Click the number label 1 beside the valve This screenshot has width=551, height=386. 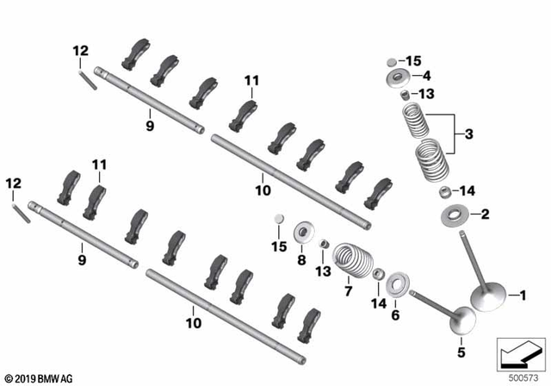pos(520,295)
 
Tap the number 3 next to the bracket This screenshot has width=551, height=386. pos(468,134)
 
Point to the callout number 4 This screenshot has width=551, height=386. pos(427,76)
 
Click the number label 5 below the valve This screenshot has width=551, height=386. pos(461,352)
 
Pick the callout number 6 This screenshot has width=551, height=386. pos(395,315)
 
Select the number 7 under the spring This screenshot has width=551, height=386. pos(349,291)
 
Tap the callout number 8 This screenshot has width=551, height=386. pos(301,258)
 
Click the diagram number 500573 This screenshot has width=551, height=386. pos(520,377)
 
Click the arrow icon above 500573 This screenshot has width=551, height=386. pos(519,354)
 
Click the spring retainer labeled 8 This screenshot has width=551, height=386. pos(302,232)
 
